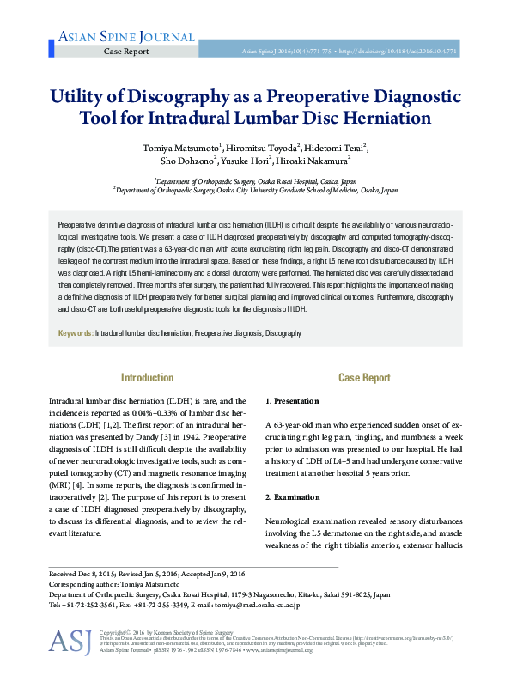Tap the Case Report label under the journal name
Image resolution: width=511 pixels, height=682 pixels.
(x=126, y=52)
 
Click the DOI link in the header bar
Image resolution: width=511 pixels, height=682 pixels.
(x=411, y=52)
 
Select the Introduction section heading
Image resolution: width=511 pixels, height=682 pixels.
(x=147, y=377)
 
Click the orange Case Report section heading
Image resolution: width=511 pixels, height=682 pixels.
(x=364, y=377)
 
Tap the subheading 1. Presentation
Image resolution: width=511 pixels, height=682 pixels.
(x=292, y=401)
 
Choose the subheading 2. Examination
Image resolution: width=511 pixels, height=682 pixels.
(x=293, y=497)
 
